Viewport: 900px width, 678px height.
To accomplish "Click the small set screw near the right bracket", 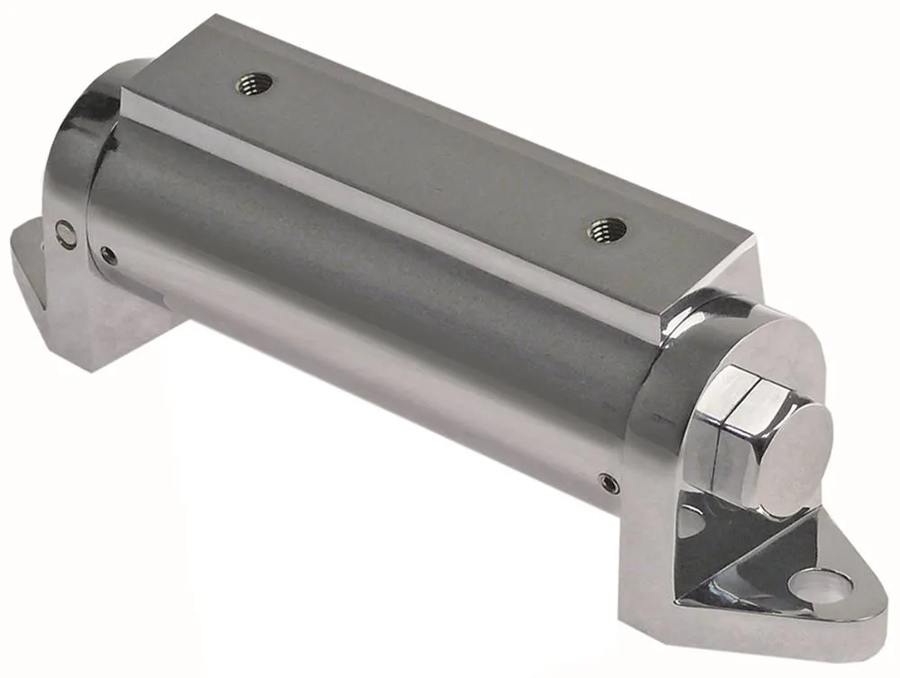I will click(609, 484).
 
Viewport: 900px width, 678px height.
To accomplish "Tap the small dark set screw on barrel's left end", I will click(109, 256).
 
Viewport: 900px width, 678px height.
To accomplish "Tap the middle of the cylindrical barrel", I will click(360, 297).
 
